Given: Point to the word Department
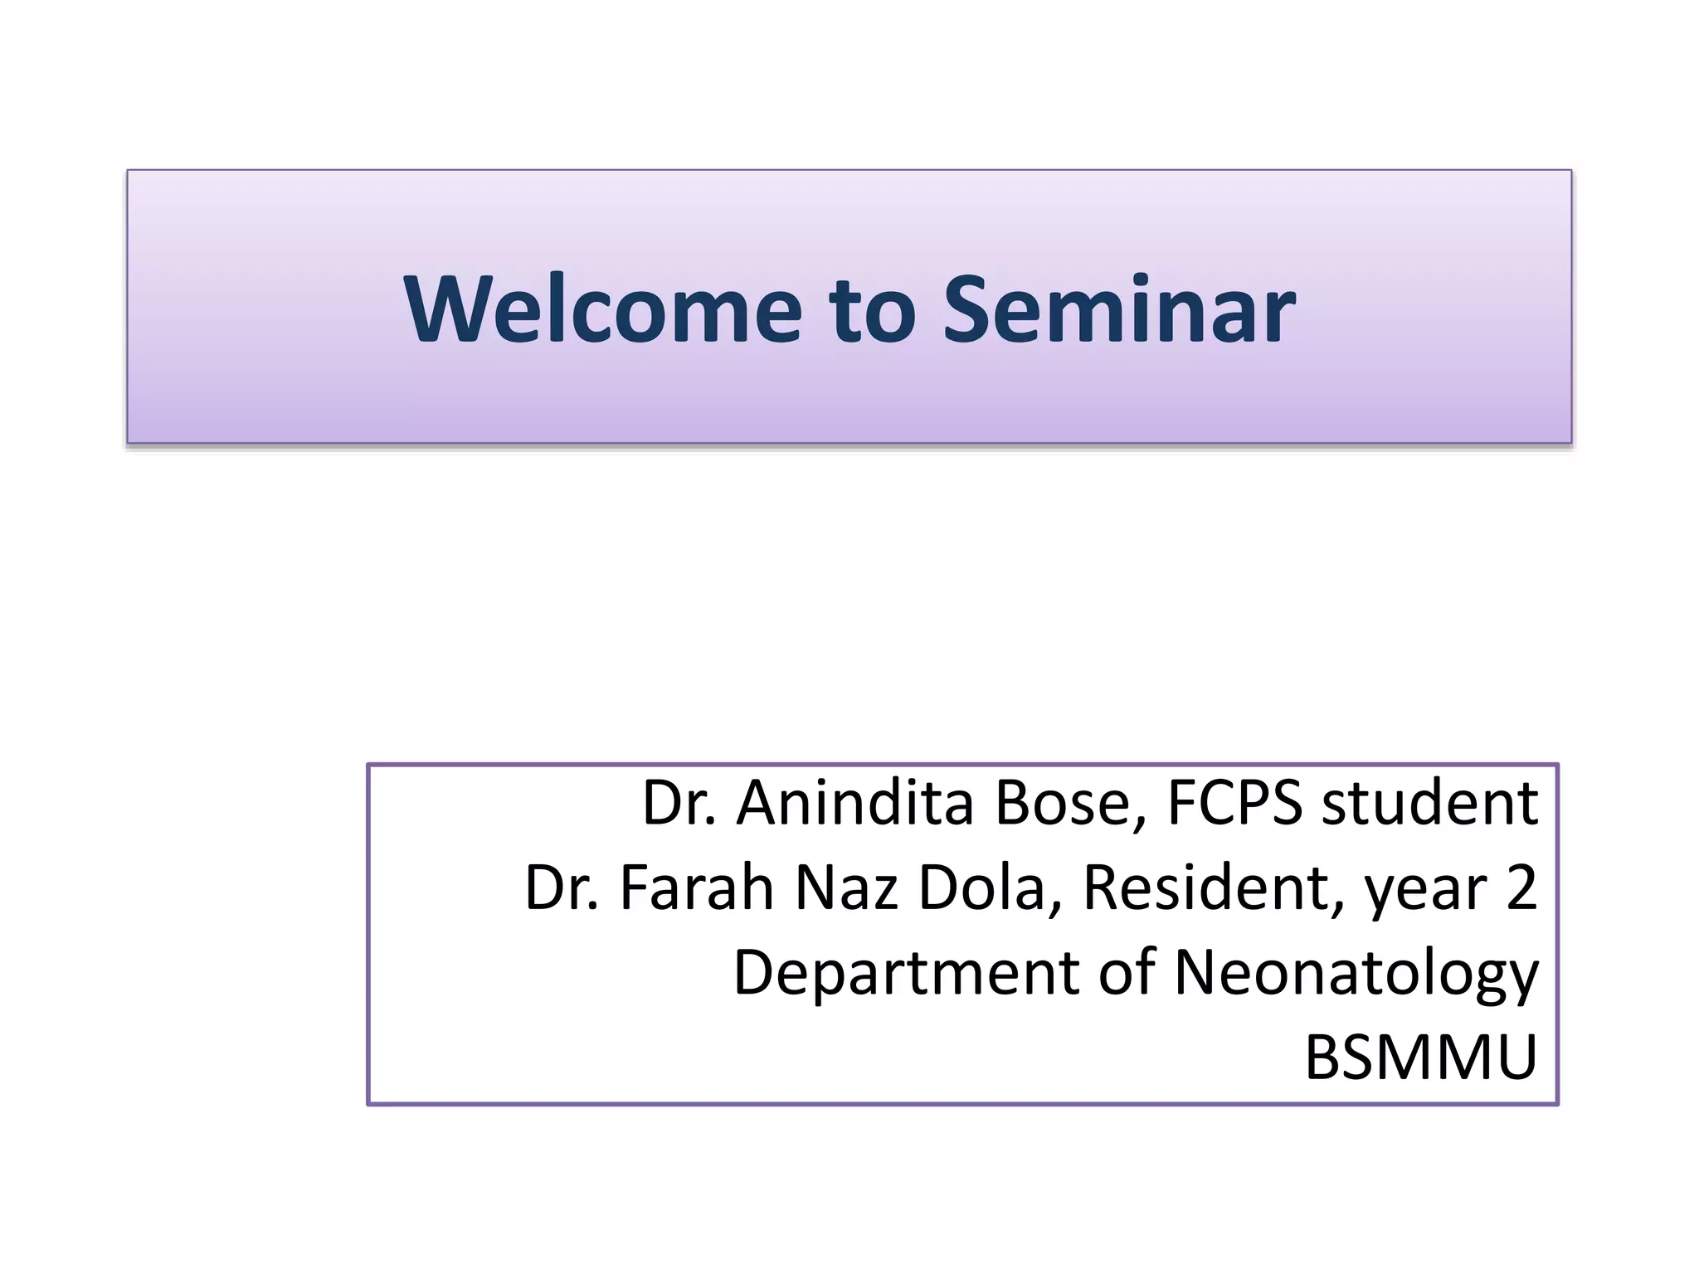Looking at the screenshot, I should click(905, 973).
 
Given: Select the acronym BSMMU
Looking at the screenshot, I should click(1421, 1058).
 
